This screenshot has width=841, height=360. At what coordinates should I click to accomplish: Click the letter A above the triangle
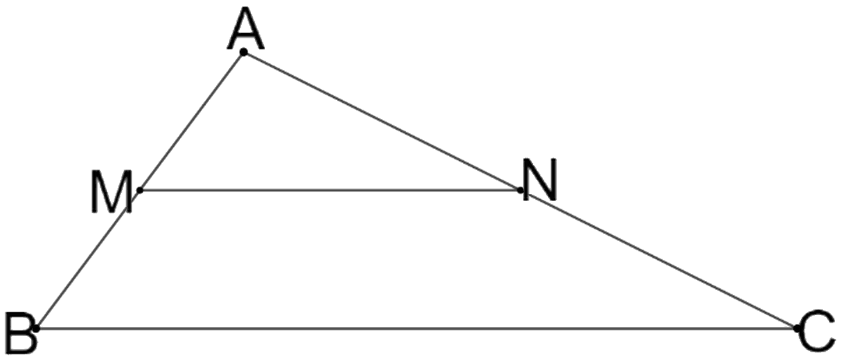click(245, 29)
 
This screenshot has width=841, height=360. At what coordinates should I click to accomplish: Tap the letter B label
click(20, 333)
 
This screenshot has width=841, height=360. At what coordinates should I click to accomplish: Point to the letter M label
click(111, 192)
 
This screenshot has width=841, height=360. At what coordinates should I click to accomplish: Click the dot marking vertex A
click(244, 52)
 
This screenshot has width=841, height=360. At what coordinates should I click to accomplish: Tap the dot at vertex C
click(797, 329)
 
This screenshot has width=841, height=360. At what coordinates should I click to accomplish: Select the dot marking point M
click(140, 190)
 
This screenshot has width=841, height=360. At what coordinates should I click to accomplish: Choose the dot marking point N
click(520, 190)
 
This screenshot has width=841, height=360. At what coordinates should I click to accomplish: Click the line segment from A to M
click(192, 121)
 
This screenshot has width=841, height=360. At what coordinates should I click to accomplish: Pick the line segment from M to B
click(88, 260)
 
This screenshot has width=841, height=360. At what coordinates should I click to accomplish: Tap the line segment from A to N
click(382, 121)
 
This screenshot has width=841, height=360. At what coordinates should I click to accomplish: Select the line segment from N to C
click(658, 259)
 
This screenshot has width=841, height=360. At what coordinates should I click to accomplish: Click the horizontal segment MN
click(330, 190)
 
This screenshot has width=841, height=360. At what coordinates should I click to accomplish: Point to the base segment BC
click(416, 329)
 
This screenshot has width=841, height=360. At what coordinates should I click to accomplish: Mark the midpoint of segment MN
click(330, 190)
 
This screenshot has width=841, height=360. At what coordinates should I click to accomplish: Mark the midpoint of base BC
click(416, 329)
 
